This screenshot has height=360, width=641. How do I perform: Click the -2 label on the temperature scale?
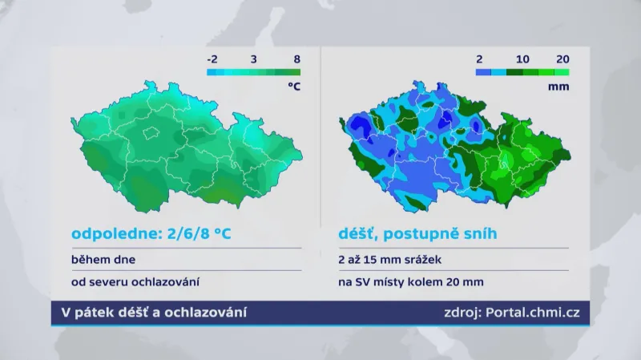point(212,59)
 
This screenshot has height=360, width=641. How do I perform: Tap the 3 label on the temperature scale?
point(253,59)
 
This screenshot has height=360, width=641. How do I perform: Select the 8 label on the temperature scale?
point(296,59)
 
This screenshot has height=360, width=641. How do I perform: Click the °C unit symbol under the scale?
point(294,87)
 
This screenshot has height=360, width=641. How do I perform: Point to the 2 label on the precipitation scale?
point(479,59)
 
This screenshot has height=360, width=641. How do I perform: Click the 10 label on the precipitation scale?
point(522,59)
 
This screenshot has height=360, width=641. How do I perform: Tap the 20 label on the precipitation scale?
point(562,59)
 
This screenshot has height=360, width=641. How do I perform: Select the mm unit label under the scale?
point(560,87)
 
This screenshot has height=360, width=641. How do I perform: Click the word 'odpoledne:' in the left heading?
point(110,234)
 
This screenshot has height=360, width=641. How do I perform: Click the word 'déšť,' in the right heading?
point(356,234)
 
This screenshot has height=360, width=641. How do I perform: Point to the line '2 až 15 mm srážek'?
point(388,260)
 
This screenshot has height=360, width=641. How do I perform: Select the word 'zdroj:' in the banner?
point(462,312)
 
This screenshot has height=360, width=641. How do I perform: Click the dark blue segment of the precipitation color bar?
point(483,71)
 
